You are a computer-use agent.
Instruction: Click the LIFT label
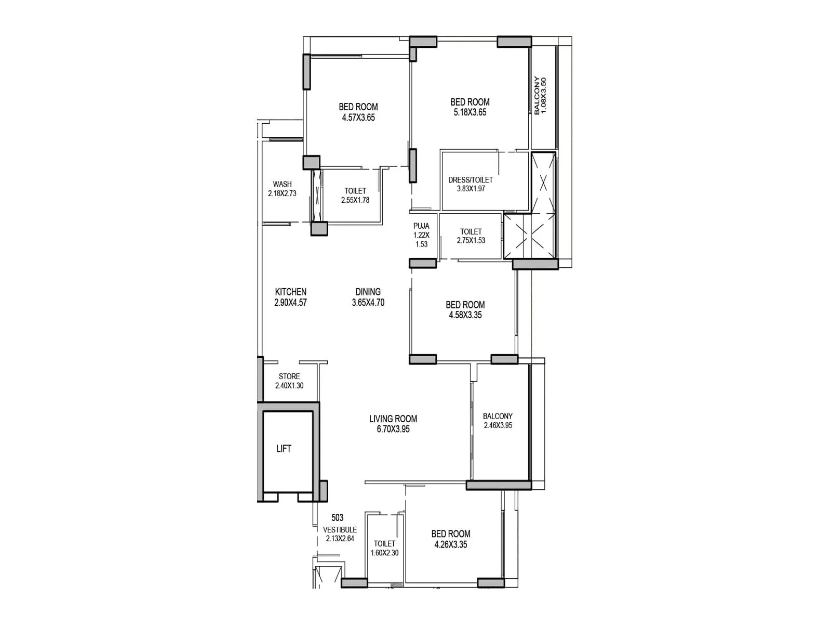(x=284, y=449)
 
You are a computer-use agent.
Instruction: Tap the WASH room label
(x=283, y=184)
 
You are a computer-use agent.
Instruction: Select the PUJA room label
(x=421, y=226)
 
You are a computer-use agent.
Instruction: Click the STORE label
(x=289, y=376)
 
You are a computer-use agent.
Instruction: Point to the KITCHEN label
(x=291, y=292)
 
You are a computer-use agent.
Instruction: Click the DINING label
(x=368, y=292)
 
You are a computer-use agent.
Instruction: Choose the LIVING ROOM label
(x=393, y=419)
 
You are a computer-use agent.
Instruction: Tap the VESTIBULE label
(x=340, y=530)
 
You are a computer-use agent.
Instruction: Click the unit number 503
(x=337, y=517)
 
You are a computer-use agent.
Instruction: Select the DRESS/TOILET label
(x=471, y=180)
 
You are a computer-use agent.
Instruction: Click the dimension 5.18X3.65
(x=470, y=112)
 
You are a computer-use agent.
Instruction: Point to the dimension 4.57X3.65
(x=358, y=118)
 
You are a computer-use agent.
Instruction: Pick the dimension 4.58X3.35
(x=465, y=315)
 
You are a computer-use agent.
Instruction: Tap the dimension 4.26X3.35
(x=451, y=544)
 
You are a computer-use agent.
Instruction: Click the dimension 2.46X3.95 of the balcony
(x=498, y=425)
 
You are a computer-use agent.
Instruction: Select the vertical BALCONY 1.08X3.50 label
(x=540, y=96)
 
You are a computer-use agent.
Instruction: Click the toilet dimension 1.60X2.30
(x=385, y=553)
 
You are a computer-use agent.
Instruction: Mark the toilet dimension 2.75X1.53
(x=471, y=240)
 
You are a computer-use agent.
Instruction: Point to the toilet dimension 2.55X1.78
(x=355, y=200)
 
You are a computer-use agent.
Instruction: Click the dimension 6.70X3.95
(x=393, y=430)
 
